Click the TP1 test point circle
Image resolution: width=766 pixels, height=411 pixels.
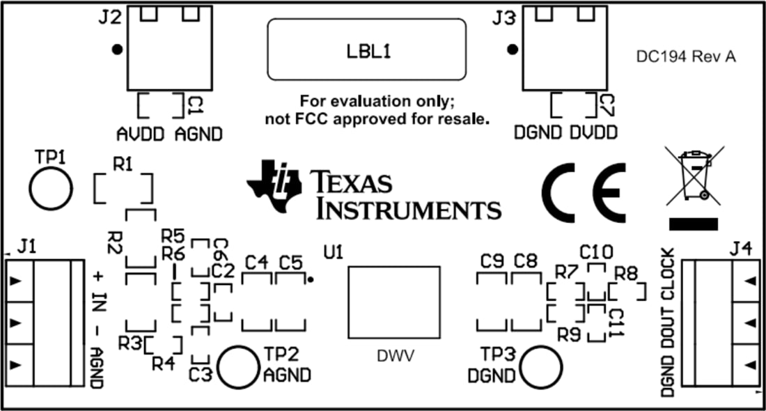point(50,187)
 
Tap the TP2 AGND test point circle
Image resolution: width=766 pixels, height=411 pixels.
point(240,367)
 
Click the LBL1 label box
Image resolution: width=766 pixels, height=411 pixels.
point(367,49)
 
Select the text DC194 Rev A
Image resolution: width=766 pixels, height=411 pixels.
point(685,58)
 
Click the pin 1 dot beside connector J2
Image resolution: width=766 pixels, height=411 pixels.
point(118,49)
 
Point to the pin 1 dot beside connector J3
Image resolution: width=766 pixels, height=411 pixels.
point(513,49)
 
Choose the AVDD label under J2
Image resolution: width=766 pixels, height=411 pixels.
point(140,134)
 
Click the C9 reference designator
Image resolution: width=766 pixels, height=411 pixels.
point(492,261)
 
